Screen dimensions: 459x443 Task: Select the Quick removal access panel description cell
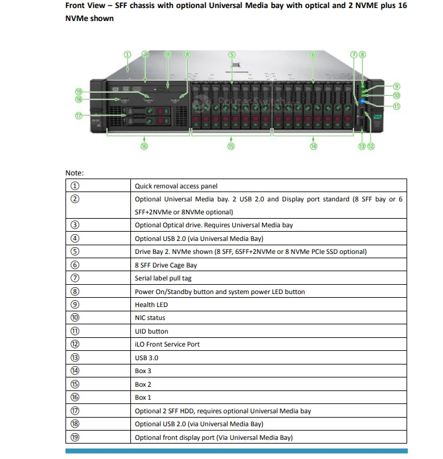[x=176, y=186]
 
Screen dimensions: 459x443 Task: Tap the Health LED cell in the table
[x=151, y=305]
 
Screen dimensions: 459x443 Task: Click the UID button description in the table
[x=151, y=331]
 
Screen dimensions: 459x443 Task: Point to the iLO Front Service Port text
[x=167, y=344]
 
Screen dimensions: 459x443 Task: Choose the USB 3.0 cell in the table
[x=146, y=358]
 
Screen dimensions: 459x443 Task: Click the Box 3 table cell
[x=143, y=371]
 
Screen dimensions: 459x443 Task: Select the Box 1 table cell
[x=143, y=397]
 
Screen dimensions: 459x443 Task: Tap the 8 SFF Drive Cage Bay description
[x=166, y=265]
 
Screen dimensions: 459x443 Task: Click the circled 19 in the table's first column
[x=74, y=437]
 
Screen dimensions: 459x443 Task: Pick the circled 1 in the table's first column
[x=74, y=186]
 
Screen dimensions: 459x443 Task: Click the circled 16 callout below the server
[x=144, y=146]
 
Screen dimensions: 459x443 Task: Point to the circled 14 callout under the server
[x=313, y=146]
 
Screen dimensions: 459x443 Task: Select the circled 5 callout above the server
[x=232, y=54]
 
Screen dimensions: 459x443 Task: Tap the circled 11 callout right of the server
[x=396, y=106]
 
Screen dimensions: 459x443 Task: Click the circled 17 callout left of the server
[x=78, y=115]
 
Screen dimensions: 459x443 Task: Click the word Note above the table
[x=74, y=173]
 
